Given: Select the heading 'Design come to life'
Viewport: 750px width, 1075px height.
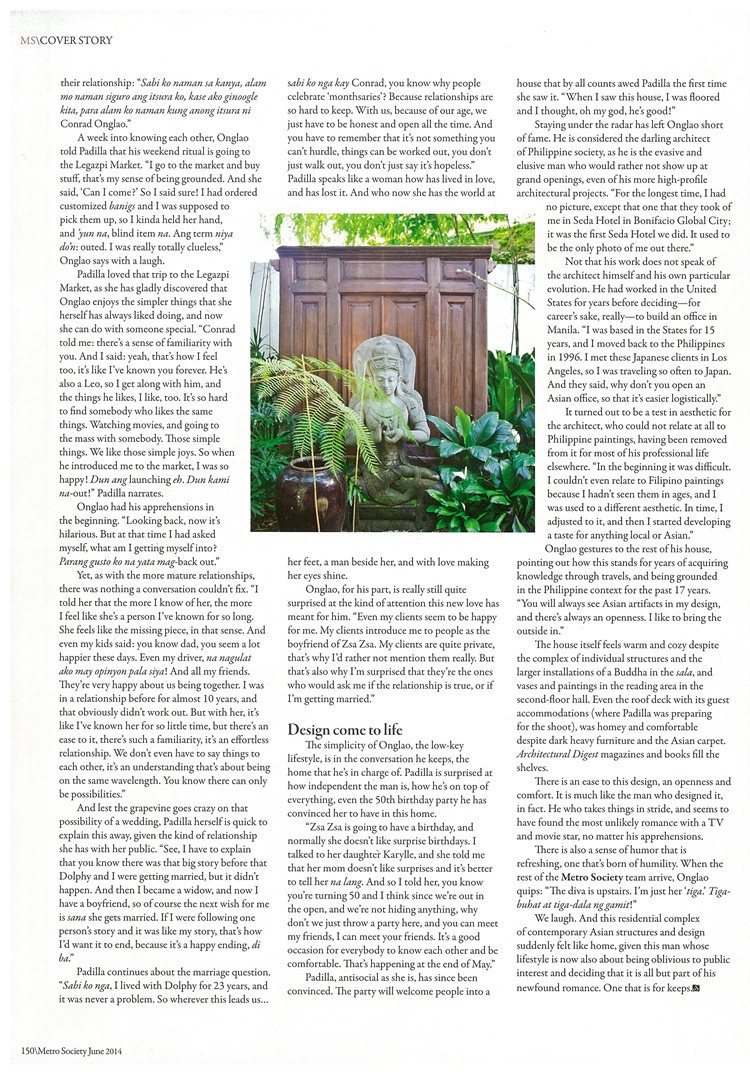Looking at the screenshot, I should (x=340, y=730).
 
